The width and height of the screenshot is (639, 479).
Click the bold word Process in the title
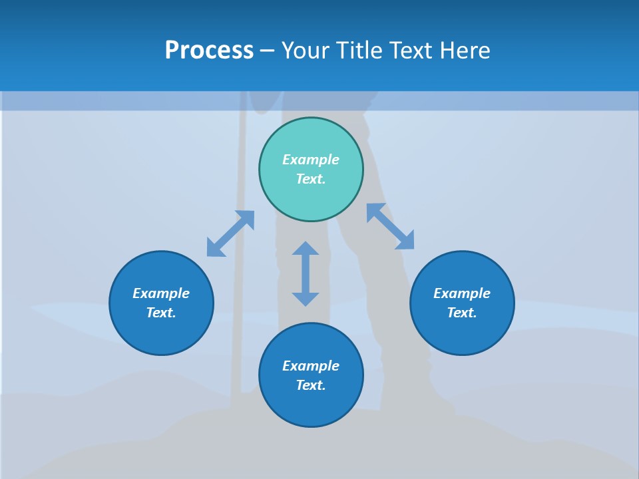[x=209, y=51]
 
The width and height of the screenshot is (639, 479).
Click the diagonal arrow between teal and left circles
[x=230, y=234]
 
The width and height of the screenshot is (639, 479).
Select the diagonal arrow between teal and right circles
[x=390, y=226]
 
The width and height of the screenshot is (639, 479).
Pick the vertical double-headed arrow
[x=306, y=273]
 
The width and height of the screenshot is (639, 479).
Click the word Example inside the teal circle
[x=311, y=160]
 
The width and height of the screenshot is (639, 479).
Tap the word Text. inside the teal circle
[x=311, y=179]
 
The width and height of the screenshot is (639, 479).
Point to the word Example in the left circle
[x=161, y=293]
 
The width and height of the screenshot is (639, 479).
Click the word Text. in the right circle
[x=462, y=313]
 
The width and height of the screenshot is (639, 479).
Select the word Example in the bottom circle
[x=311, y=366]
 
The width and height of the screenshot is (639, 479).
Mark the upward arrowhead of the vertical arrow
[x=306, y=249]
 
